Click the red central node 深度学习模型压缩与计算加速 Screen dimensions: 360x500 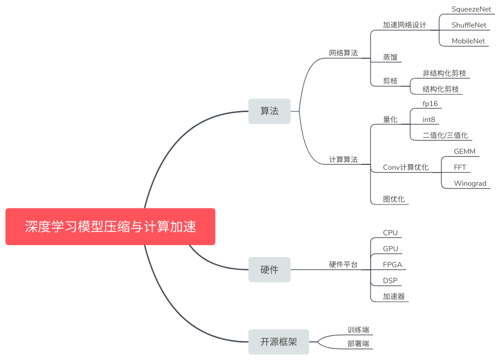pyautogui.click(x=110, y=226)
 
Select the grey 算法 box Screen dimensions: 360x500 pyautogui.click(x=269, y=111)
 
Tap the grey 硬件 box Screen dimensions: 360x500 pyautogui.click(x=269, y=269)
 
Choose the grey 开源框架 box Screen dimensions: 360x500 pyautogui.click(x=278, y=342)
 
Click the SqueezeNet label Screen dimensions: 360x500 pyautogui.click(x=471, y=9)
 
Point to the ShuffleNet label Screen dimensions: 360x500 pyautogui.click(x=469, y=25)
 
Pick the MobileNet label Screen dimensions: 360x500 pyautogui.click(x=468, y=41)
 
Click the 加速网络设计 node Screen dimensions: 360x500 pyautogui.click(x=404, y=25)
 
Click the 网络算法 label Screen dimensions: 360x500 pyautogui.click(x=343, y=53)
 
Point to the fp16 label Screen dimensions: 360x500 pyautogui.click(x=430, y=103)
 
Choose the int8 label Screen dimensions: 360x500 pyautogui.click(x=429, y=119)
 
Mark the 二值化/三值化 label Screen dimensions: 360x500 pyautogui.click(x=445, y=135)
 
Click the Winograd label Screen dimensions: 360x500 pyautogui.click(x=470, y=184)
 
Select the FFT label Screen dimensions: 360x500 pyautogui.click(x=460, y=167)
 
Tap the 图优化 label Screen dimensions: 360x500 pyautogui.click(x=393, y=199)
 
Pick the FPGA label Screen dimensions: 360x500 pyautogui.click(x=392, y=264)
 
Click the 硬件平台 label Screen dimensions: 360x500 pyautogui.click(x=343, y=265)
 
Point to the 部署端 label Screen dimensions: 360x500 pyautogui.click(x=358, y=344)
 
